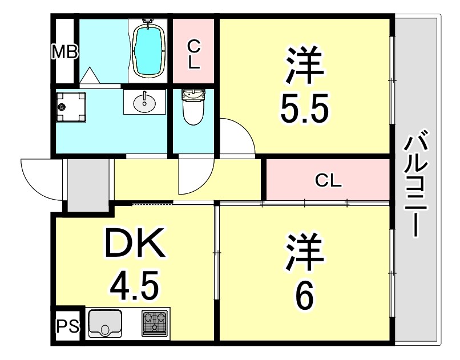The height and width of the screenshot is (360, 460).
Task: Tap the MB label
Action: click(x=64, y=52)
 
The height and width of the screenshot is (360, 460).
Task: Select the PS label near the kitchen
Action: click(x=68, y=327)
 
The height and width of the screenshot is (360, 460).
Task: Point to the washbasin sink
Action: click(x=144, y=103)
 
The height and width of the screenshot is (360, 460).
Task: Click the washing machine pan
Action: click(x=71, y=106)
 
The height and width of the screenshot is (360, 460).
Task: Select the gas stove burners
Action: click(x=155, y=323)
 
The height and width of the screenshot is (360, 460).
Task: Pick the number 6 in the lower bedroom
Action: click(x=304, y=297)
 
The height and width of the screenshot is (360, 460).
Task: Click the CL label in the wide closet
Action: click(x=329, y=181)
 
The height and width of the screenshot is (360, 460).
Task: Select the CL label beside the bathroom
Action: click(x=194, y=53)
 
